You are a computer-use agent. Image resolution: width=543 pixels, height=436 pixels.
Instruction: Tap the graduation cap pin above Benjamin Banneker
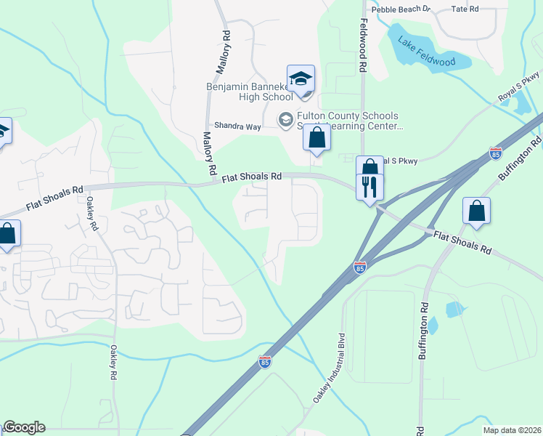301,79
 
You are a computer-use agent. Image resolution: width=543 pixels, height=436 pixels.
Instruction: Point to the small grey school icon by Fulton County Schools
286,118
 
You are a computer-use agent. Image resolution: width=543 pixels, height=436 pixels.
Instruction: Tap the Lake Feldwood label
427,51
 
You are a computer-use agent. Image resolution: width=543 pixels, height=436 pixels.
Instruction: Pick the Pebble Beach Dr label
401,9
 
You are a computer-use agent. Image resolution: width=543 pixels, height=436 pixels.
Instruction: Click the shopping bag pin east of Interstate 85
476,211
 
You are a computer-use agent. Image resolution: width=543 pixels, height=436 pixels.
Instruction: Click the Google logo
24,427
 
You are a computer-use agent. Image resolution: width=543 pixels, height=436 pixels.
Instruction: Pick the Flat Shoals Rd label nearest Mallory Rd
251,177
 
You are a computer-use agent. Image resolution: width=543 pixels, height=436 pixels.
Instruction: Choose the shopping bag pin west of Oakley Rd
8,234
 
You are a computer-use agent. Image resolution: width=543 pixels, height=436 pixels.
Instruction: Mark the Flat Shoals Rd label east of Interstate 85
462,241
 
